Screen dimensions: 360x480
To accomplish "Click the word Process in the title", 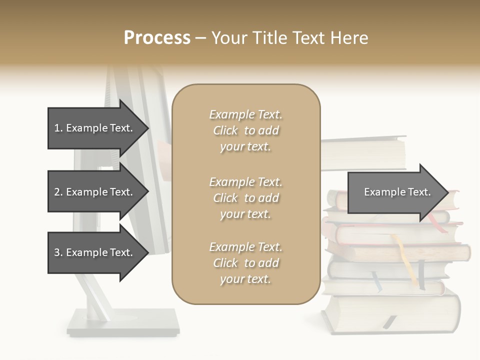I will click(x=157, y=38).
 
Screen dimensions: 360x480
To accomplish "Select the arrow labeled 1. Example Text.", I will click(x=95, y=128).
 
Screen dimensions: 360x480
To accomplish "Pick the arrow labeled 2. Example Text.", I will click(x=95, y=192).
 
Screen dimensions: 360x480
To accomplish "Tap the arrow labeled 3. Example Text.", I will click(x=95, y=252).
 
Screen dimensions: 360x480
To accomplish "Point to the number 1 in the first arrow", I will click(x=57, y=128).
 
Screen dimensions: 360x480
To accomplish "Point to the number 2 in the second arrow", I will click(x=57, y=192).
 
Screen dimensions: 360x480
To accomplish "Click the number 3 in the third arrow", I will click(x=57, y=252).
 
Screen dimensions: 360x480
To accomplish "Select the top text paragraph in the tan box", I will click(x=245, y=130).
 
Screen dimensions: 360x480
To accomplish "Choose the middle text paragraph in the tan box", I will click(x=245, y=198).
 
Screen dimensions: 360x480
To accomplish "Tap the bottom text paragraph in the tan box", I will click(x=245, y=263).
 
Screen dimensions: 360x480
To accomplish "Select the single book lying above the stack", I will click(x=364, y=152).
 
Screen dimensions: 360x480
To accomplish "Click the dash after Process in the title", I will click(x=200, y=38).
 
